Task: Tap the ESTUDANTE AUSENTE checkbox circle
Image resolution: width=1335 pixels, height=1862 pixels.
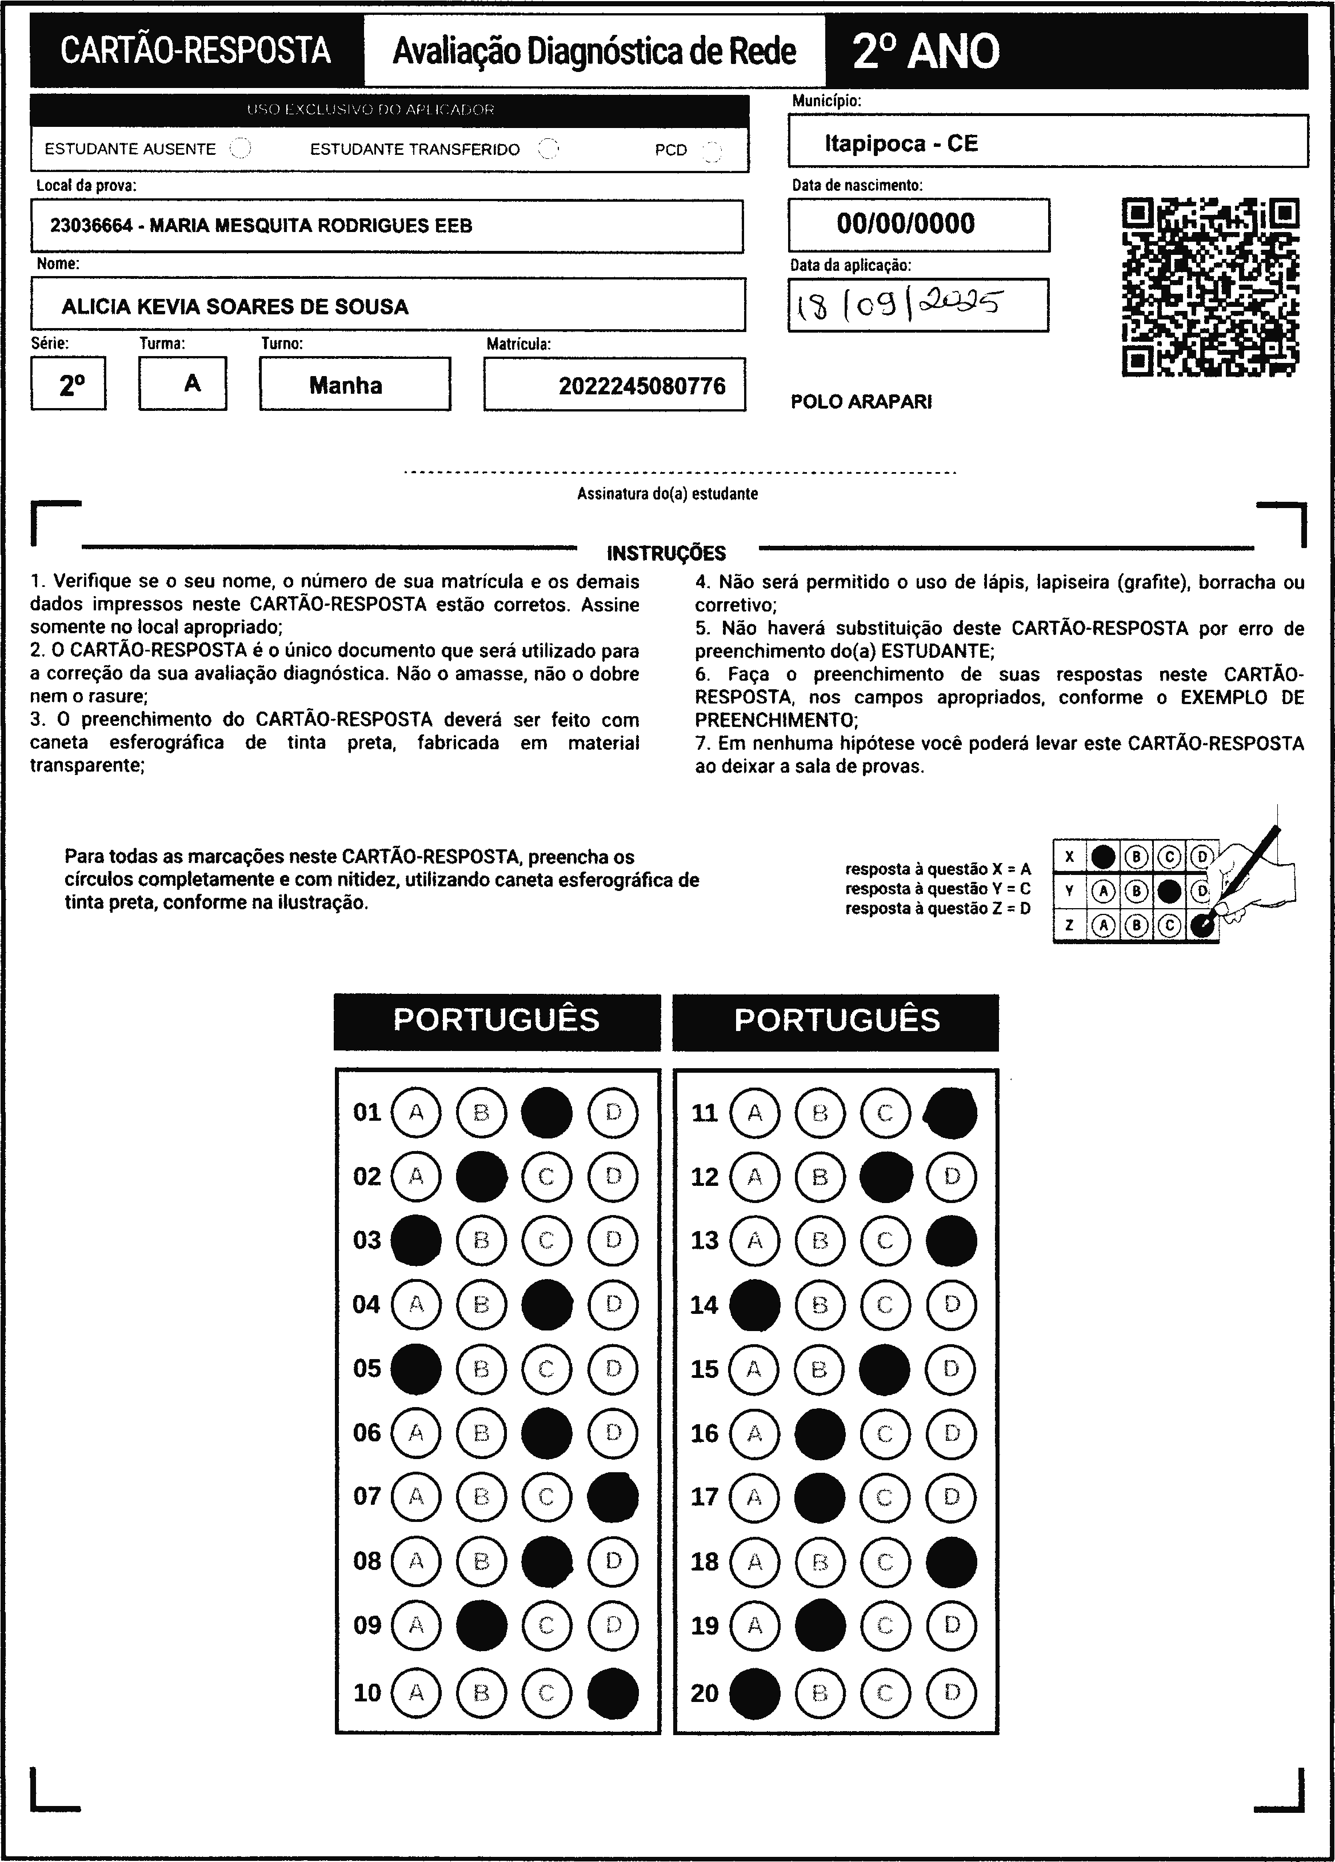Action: (x=241, y=149)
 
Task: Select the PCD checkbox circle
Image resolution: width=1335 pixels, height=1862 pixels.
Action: (x=712, y=150)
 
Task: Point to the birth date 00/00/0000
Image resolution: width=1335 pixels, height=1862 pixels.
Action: (x=906, y=223)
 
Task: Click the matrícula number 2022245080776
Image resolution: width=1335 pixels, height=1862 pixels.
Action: (x=642, y=386)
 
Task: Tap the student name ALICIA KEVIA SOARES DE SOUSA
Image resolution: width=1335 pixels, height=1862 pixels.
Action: (x=235, y=306)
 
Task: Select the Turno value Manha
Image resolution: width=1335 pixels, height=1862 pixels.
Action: (x=346, y=385)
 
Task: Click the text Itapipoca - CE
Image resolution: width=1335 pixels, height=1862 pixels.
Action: (x=901, y=143)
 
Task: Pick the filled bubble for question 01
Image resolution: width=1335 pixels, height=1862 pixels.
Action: (x=547, y=1112)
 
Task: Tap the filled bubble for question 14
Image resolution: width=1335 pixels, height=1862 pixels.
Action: (x=754, y=1305)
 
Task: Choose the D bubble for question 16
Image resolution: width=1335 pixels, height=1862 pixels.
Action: (x=951, y=1433)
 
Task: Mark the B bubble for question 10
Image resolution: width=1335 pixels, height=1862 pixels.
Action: (x=482, y=1692)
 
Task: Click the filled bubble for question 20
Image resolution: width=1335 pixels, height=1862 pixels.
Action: (x=754, y=1692)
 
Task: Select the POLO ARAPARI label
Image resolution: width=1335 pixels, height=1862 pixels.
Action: (x=861, y=401)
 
